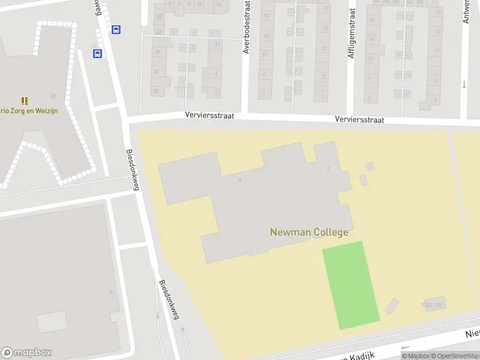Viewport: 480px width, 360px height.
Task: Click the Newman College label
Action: coord(309,232)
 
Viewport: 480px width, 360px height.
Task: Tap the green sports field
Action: coord(351,285)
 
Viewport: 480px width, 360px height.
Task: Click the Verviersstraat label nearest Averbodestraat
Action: coord(209,115)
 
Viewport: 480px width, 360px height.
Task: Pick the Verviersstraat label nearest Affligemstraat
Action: coord(359,120)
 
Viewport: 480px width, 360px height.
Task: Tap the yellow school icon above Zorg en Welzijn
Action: coord(25,100)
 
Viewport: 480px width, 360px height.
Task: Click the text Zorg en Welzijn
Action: coord(30,110)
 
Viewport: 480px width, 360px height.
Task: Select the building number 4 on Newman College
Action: coord(240,179)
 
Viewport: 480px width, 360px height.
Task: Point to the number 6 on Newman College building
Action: coord(329,169)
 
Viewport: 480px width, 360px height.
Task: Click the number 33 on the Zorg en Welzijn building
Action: coord(53,96)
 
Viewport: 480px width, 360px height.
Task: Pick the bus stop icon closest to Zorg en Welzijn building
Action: coord(97,53)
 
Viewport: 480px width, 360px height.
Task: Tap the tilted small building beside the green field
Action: coord(392,306)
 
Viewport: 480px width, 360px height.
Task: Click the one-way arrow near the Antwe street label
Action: coord(464,84)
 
